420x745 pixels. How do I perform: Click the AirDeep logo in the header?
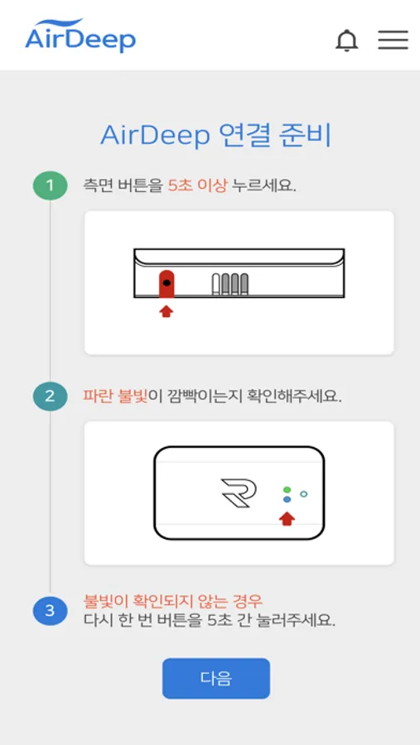coord(80,35)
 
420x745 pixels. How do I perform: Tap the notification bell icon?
coord(347,41)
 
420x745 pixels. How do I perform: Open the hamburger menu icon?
coord(393,40)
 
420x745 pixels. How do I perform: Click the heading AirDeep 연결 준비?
coord(215,137)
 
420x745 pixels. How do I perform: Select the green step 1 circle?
coord(50,185)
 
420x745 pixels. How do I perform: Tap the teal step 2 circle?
coord(50,397)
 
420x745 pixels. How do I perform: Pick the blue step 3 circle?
coord(50,611)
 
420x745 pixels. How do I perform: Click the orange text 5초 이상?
coord(197,185)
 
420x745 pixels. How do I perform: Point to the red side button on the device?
coord(166,284)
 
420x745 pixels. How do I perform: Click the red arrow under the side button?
coord(166,311)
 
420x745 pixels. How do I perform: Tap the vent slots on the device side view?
coord(230,285)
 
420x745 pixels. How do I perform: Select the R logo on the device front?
coord(239,493)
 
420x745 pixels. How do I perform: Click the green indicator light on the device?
coord(287,489)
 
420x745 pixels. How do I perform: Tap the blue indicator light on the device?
coord(287,499)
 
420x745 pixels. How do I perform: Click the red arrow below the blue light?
coord(287,519)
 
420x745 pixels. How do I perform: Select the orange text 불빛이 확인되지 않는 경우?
coord(172,602)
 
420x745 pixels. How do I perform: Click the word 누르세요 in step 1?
coord(264,185)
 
